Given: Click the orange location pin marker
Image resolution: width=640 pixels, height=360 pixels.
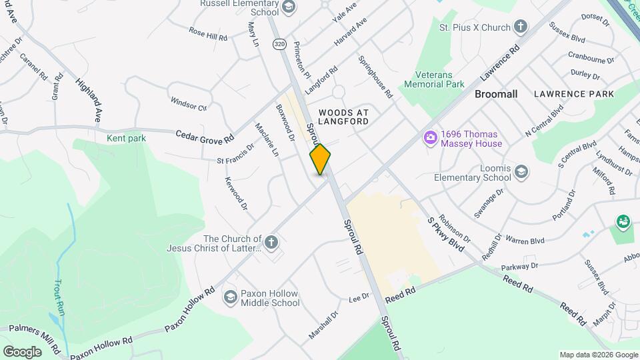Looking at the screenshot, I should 320,159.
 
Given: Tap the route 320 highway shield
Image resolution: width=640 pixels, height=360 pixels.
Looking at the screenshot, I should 279,44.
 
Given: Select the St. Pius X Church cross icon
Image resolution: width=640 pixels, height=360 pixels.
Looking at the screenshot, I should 521,27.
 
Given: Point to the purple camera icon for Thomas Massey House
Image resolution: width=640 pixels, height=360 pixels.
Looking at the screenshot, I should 431,138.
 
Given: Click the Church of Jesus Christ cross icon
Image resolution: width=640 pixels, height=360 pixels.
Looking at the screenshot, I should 271,243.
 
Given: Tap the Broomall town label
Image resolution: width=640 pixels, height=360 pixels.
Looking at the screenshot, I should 496,94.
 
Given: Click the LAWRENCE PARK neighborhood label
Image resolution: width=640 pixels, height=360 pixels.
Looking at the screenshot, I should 573,94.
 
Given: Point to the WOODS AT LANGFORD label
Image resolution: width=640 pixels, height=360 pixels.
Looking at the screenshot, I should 343,117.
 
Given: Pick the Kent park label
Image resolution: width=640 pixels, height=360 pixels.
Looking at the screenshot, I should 126,138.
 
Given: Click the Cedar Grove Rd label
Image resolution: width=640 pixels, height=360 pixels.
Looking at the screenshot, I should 205,135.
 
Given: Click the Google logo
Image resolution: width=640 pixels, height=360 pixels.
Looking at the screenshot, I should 23,351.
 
